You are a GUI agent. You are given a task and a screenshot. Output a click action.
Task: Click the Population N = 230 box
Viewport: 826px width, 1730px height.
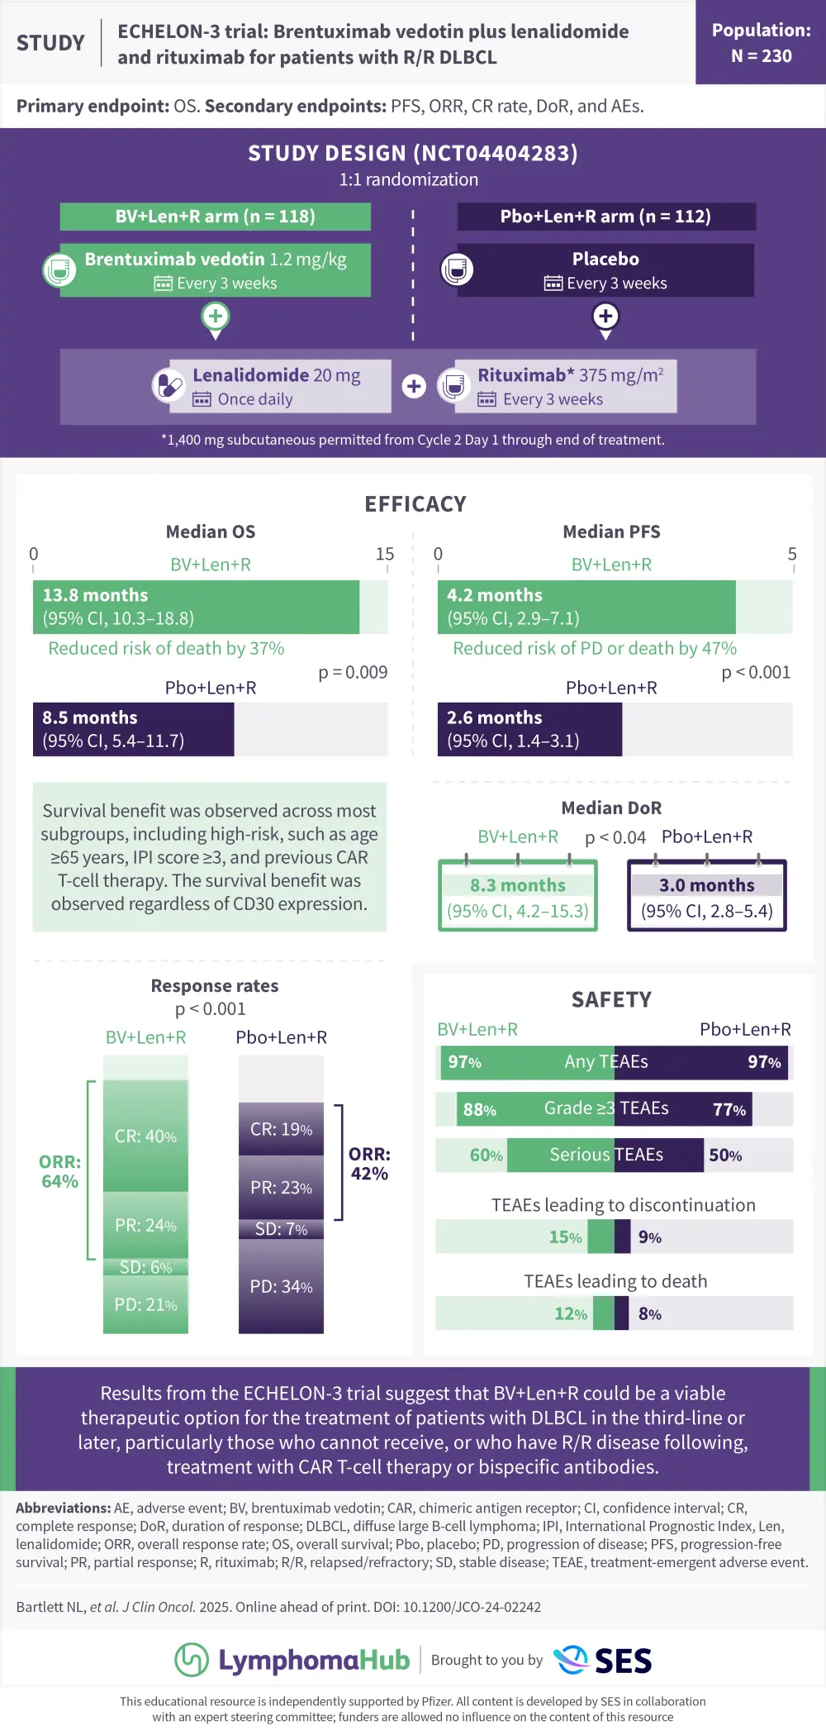(x=761, y=43)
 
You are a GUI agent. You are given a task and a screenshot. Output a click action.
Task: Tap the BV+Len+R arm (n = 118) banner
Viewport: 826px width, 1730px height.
(x=215, y=217)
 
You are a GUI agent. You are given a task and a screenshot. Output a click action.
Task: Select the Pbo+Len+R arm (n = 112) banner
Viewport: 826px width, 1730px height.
(x=605, y=217)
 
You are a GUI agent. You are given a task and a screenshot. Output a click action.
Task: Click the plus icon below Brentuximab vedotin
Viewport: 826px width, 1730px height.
(x=216, y=317)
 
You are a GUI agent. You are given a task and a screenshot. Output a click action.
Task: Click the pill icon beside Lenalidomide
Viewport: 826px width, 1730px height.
(x=169, y=385)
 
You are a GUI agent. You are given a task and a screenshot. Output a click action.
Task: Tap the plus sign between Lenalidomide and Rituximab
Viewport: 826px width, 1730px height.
(x=414, y=386)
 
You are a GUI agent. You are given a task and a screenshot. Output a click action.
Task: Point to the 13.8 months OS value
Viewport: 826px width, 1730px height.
(x=95, y=595)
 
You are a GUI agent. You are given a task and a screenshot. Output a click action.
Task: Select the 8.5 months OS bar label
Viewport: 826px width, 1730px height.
(x=90, y=717)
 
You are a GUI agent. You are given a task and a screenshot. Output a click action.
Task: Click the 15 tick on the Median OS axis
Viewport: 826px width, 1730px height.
(x=385, y=554)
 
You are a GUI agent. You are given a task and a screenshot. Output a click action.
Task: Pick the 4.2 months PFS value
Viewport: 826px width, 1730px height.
(x=495, y=595)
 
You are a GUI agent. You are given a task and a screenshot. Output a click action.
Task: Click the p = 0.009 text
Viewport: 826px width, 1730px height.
(x=353, y=672)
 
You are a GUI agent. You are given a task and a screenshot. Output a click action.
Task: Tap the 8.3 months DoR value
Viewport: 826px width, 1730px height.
(x=518, y=885)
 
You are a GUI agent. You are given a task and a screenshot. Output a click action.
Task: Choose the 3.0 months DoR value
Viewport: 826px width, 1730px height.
(x=707, y=885)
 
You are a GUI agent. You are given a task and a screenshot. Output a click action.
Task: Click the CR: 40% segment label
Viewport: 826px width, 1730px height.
(x=145, y=1137)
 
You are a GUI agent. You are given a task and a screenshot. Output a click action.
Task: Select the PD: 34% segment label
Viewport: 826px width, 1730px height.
(x=281, y=1287)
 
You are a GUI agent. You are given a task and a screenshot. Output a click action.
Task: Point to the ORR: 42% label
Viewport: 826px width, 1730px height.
(x=369, y=1164)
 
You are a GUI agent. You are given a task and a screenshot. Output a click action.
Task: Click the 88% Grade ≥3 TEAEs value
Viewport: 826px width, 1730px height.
(x=479, y=1110)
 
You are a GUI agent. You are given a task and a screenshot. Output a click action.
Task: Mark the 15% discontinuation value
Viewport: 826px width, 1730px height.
(x=565, y=1237)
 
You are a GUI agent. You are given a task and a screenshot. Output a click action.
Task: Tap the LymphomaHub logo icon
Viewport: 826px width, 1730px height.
(x=192, y=1660)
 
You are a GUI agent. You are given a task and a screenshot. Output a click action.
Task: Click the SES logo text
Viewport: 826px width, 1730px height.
(x=623, y=1661)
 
